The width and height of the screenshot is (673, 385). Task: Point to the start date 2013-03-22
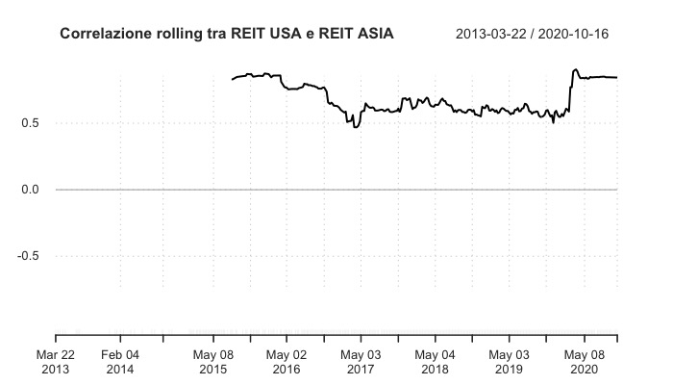(496, 35)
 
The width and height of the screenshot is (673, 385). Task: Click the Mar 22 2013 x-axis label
(56, 361)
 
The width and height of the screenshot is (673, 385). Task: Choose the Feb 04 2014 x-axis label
(120, 361)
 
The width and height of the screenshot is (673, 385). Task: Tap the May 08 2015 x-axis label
(213, 361)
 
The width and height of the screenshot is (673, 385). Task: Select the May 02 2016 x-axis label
(286, 361)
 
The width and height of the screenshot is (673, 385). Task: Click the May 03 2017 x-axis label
(361, 361)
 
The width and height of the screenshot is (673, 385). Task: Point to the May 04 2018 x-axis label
(435, 361)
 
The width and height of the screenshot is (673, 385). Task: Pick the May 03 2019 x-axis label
(509, 361)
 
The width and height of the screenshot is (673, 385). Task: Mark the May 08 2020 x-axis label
(584, 361)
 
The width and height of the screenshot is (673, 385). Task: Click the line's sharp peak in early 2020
(574, 69)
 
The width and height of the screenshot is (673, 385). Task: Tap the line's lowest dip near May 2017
(356, 126)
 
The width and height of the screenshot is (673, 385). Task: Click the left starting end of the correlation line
(233, 79)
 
